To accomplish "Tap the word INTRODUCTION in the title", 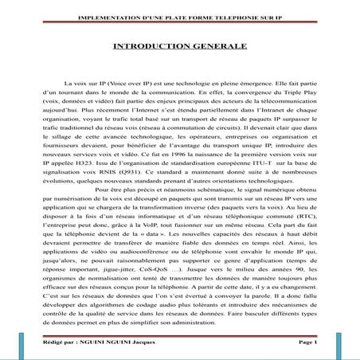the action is [151, 48].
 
